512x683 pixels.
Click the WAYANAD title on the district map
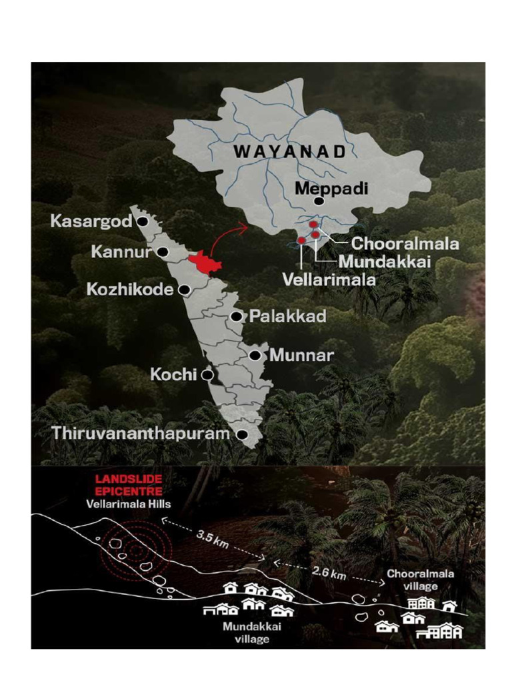coord(289,151)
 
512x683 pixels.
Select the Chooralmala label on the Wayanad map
coord(405,244)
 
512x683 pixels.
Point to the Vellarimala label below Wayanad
coord(329,279)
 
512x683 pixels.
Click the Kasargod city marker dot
coord(142,223)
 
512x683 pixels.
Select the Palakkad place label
coord(287,317)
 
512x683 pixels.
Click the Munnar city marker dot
coord(254,356)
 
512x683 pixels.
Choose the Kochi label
coord(174,375)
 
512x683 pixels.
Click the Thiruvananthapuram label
coord(141,434)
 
